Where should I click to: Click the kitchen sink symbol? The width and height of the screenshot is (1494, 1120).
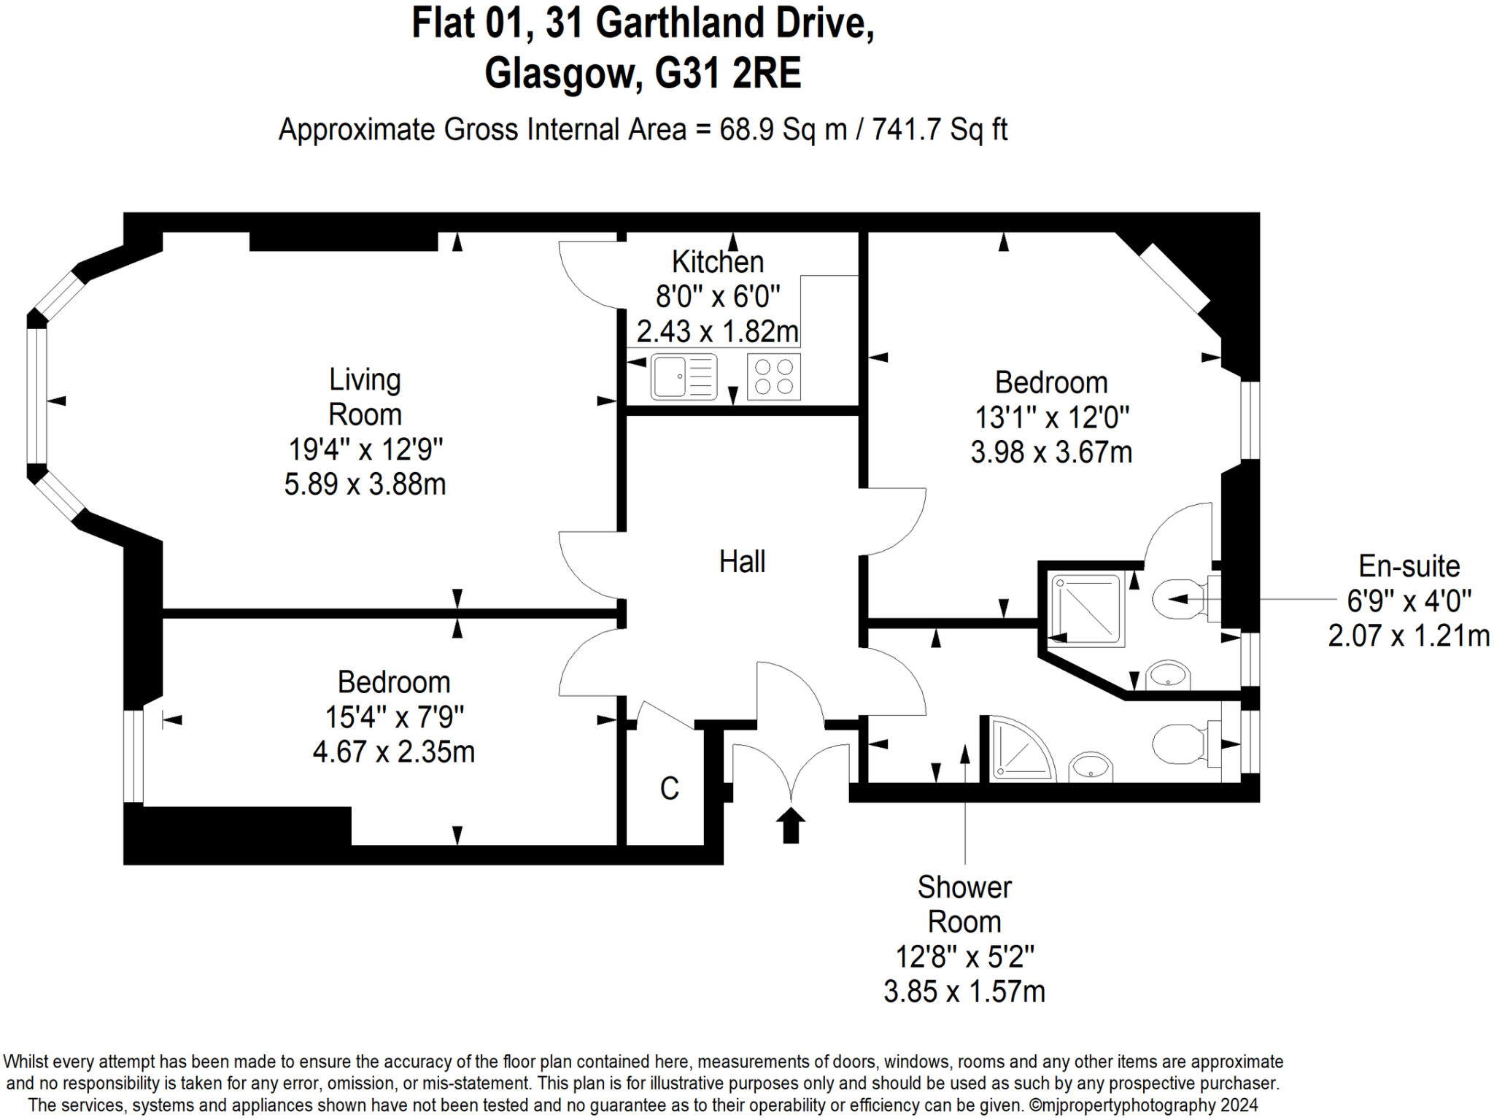684,376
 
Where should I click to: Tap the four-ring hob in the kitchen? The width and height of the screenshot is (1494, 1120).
773,376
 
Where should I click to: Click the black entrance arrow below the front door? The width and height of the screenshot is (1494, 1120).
790,825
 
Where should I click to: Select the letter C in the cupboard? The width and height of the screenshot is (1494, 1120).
669,789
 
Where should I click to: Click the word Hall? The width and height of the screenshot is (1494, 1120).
742,562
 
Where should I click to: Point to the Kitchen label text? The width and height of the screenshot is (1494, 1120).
718,261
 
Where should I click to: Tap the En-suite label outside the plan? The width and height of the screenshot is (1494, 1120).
1409,566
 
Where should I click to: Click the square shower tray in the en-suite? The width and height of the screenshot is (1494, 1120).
1086,610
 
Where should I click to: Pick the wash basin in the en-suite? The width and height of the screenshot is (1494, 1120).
1169,675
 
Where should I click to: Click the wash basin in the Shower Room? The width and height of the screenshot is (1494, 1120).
1091,767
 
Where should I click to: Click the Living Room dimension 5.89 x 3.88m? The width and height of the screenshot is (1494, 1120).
365,484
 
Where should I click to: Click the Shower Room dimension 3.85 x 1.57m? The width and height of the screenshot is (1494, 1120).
964,992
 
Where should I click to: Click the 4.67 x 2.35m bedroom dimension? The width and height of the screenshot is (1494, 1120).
394,752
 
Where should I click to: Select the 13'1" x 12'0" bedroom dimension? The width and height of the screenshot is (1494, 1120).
1052,418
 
